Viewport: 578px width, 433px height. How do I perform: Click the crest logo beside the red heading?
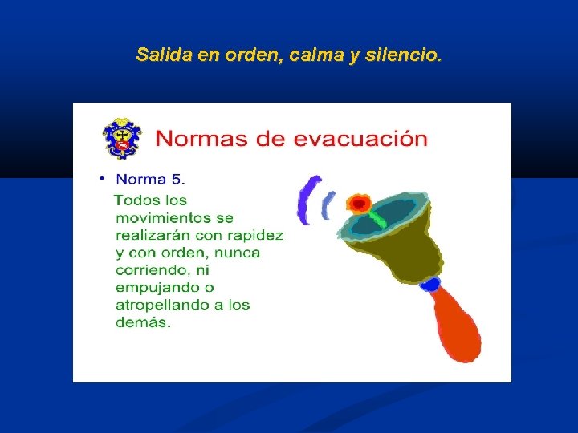coord(121,139)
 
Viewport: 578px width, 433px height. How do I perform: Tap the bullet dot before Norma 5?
coord(103,176)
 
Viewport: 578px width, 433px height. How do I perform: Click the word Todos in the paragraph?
coord(139,200)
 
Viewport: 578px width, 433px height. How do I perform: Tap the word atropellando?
coord(167,306)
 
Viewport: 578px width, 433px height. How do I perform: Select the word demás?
coord(143,322)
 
